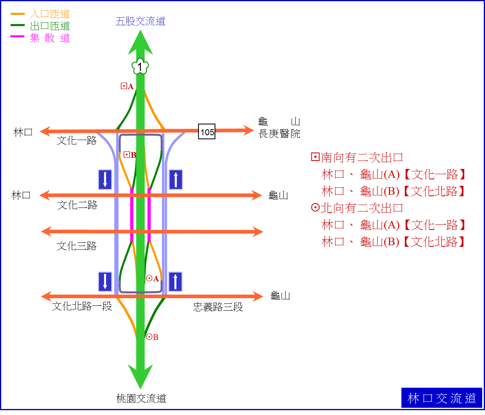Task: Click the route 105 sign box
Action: point(207,132)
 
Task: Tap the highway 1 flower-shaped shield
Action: point(140,66)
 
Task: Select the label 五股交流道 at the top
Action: point(140,21)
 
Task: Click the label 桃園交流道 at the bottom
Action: point(141,399)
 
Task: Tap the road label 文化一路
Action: point(76,140)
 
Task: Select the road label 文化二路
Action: point(77,205)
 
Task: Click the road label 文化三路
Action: point(76,246)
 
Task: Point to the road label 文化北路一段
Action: point(82,306)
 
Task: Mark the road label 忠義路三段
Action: point(218,307)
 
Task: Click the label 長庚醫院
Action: point(279,134)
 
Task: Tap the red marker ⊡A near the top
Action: point(127,86)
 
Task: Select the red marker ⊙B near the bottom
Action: point(152,337)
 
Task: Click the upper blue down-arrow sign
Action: point(105,179)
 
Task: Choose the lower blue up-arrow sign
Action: point(175,282)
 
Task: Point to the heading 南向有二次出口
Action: point(357,157)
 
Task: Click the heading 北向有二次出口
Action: point(357,208)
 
